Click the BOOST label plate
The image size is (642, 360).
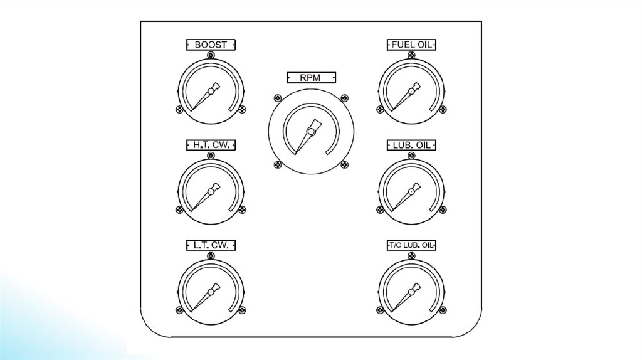211,45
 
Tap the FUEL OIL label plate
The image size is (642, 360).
411,45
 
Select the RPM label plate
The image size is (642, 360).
311,78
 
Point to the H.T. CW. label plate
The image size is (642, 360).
211,145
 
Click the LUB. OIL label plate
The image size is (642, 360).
411,145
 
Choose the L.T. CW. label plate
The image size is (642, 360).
211,245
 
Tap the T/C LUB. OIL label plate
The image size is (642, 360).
411,245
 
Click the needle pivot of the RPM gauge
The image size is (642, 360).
310,132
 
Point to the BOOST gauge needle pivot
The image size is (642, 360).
211,92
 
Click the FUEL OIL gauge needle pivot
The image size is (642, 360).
411,92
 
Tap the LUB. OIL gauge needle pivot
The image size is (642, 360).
411,191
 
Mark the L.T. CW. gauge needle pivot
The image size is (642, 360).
211,292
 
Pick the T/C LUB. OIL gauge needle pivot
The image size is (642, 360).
411,292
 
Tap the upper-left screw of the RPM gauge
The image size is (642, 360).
276,98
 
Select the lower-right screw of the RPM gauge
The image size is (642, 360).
344,166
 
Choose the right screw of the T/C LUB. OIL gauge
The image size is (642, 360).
443,310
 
